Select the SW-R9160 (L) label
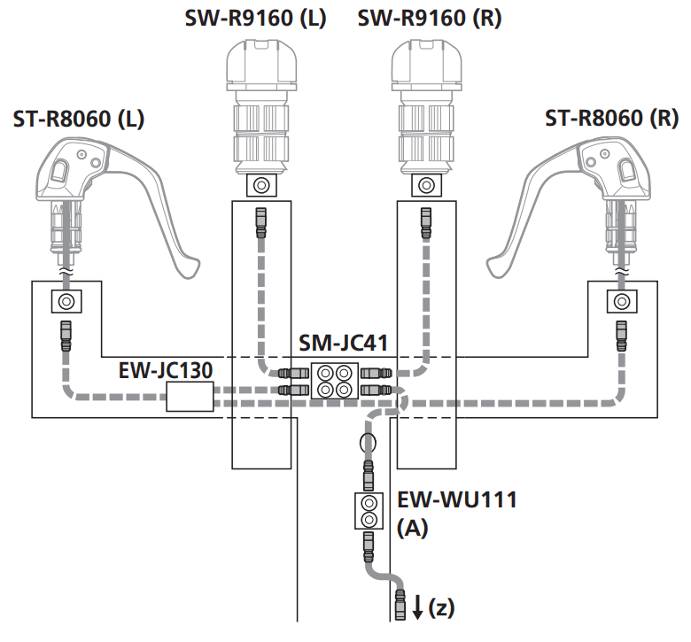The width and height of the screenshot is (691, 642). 255,17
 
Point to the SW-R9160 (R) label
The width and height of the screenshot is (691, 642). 429,17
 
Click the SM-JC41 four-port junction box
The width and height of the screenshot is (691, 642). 334,380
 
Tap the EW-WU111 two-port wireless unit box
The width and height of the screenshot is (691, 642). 368,511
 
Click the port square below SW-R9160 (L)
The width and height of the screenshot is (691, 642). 259,186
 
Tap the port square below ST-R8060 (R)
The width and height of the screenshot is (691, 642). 622,302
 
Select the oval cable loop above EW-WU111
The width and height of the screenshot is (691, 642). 367,442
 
